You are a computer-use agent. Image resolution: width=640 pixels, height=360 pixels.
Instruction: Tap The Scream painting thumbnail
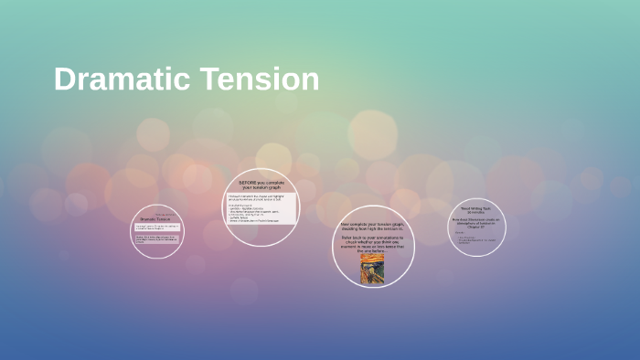pyautogui.click(x=372, y=269)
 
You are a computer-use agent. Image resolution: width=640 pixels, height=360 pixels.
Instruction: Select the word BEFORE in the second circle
pyautogui.click(x=250, y=182)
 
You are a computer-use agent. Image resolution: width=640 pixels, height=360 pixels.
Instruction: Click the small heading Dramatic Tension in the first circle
pyautogui.click(x=155, y=220)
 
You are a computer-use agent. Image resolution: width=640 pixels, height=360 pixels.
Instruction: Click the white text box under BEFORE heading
pyautogui.click(x=261, y=207)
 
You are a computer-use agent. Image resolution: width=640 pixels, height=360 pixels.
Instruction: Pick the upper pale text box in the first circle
pyautogui.click(x=157, y=228)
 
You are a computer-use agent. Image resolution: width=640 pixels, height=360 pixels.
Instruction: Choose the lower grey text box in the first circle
pyautogui.click(x=157, y=239)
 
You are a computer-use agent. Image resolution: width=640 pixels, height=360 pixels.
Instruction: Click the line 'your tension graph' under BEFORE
pyautogui.click(x=261, y=187)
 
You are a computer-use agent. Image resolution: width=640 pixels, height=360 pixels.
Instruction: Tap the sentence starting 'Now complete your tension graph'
pyautogui.click(x=373, y=226)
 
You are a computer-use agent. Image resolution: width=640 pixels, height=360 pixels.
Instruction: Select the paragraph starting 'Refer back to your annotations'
pyautogui.click(x=372, y=243)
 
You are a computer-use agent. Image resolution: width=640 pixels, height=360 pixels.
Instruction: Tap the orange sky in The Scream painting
pyautogui.click(x=372, y=258)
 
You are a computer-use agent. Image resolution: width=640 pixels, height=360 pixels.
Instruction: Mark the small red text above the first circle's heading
pyautogui.click(x=165, y=215)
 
